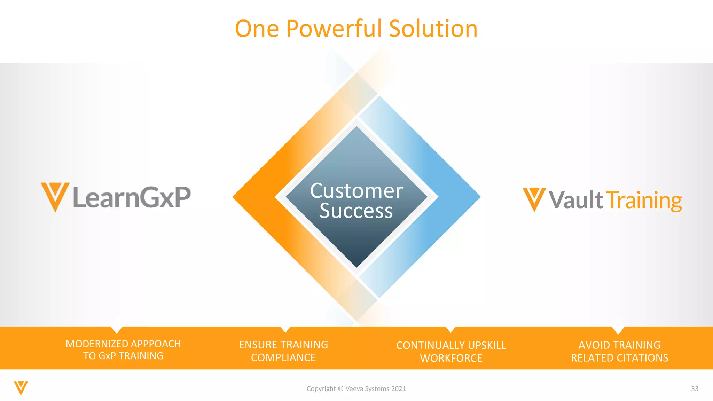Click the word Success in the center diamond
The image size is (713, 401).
356,211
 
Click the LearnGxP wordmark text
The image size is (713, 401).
132,197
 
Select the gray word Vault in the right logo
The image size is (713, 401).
576,200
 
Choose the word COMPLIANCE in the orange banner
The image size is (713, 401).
283,358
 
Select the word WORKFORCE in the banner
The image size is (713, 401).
451,358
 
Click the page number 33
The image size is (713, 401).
695,389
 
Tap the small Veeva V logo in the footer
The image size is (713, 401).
21,388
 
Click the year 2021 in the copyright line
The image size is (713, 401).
399,389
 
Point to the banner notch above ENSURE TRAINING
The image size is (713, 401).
285,329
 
